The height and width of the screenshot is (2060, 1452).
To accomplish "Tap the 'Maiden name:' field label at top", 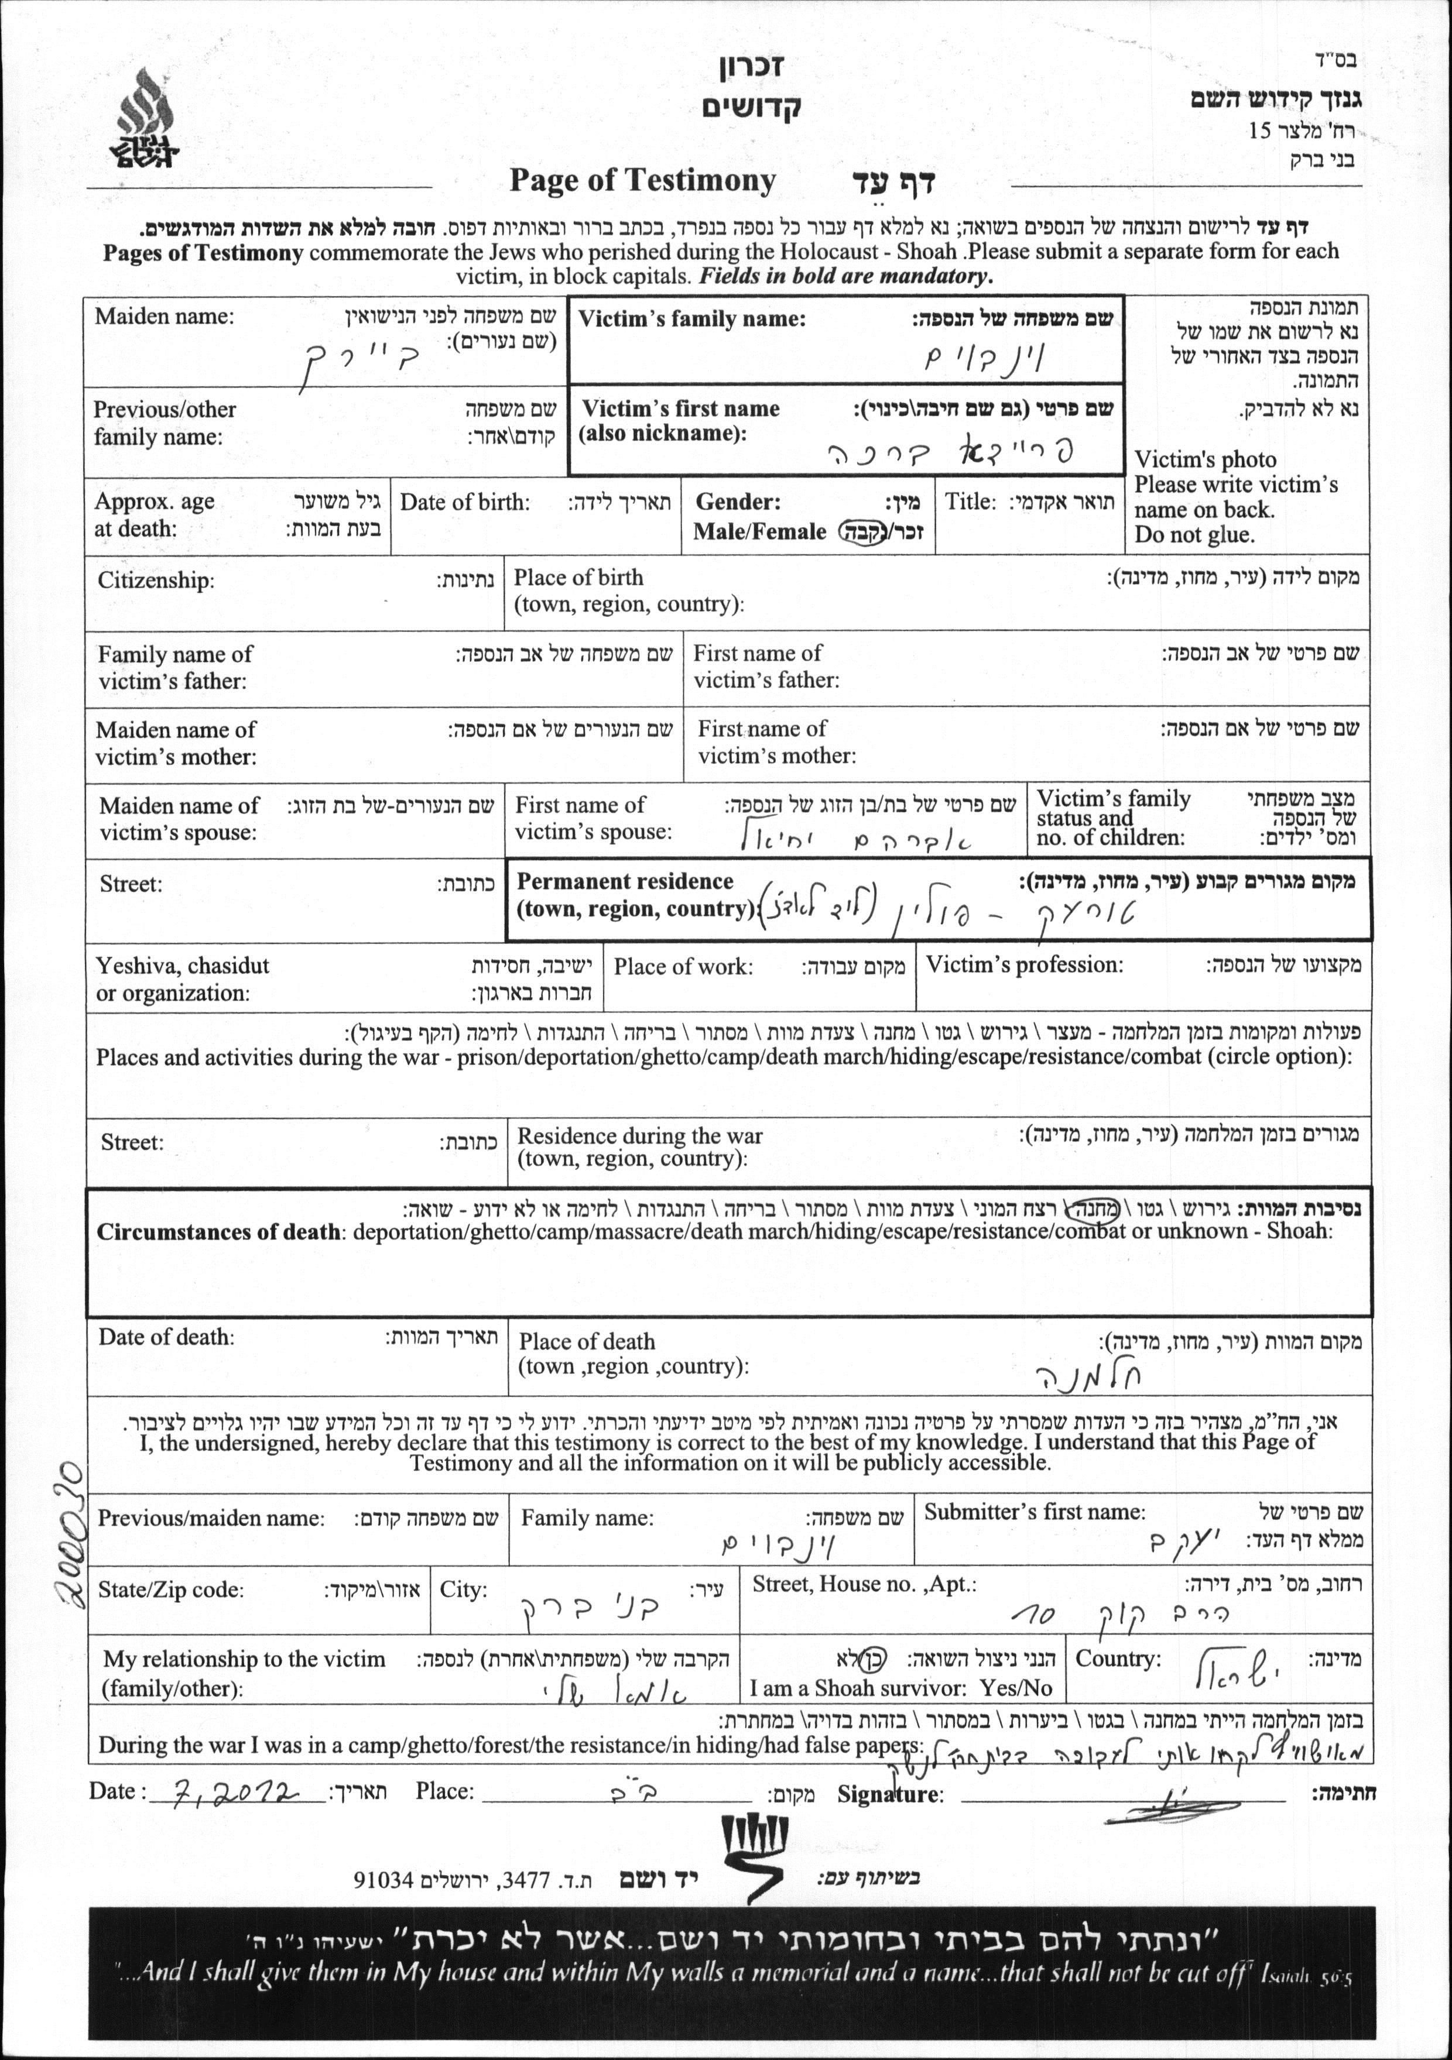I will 164,316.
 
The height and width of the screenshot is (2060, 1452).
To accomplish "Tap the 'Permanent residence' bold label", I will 625,881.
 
